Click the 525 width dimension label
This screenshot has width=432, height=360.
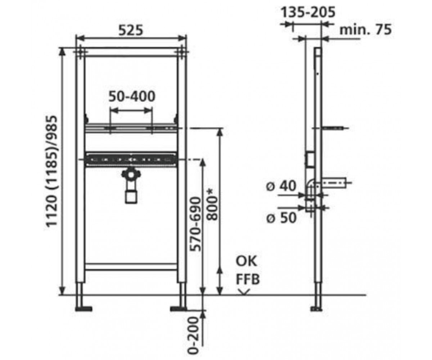coord(131,30)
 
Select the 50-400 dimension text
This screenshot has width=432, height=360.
coord(132,96)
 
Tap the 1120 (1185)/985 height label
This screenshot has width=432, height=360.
coord(51,172)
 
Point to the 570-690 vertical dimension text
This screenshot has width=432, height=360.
coord(195,224)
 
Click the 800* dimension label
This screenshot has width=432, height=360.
coord(212,205)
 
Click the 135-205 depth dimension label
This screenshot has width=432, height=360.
coord(308,12)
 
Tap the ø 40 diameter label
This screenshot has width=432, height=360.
coord(281,186)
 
